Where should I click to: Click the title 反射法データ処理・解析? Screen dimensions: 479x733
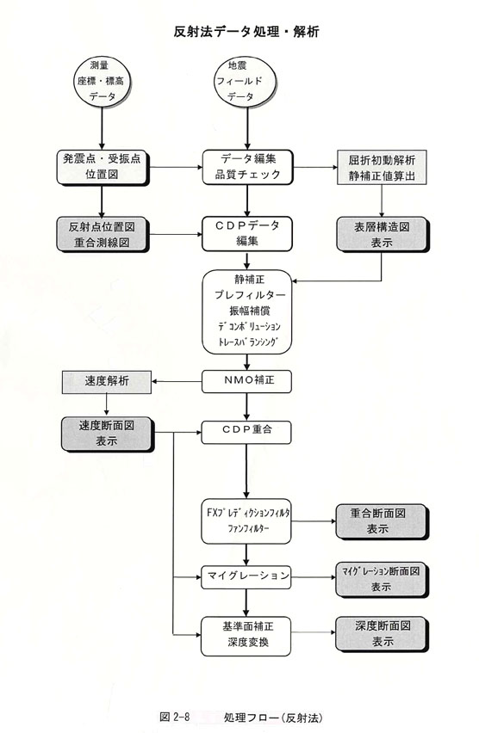pos(246,31)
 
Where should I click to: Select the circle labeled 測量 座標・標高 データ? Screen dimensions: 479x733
pos(102,82)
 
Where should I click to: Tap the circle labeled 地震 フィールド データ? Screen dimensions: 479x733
pos(246,82)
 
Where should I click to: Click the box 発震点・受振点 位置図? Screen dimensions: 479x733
pos(102,167)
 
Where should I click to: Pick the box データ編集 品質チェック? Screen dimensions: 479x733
pos(247,167)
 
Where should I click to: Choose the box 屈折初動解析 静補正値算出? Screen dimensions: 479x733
pos(382,168)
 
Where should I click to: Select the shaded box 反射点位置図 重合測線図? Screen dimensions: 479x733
pos(102,234)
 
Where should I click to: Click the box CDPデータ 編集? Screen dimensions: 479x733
pos(247,234)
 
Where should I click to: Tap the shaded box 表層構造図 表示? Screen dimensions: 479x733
pos(382,234)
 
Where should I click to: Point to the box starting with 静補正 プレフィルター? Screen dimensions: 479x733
pos(247,311)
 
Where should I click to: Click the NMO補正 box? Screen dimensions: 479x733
pos(246,381)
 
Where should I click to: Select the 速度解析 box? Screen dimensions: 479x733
pos(107,382)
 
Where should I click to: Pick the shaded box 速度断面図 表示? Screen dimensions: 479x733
pos(107,434)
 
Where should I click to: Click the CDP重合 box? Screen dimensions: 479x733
pos(246,433)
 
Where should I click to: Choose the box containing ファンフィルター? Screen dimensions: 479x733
pos(246,521)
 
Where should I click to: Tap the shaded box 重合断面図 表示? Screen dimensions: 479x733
pos(382,521)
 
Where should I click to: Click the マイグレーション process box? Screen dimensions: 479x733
pos(246,577)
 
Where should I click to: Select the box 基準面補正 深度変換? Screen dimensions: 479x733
pos(246,636)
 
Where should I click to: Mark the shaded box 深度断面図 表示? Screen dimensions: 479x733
pos(382,634)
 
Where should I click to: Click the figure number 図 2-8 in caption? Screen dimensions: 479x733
pos(175,717)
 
